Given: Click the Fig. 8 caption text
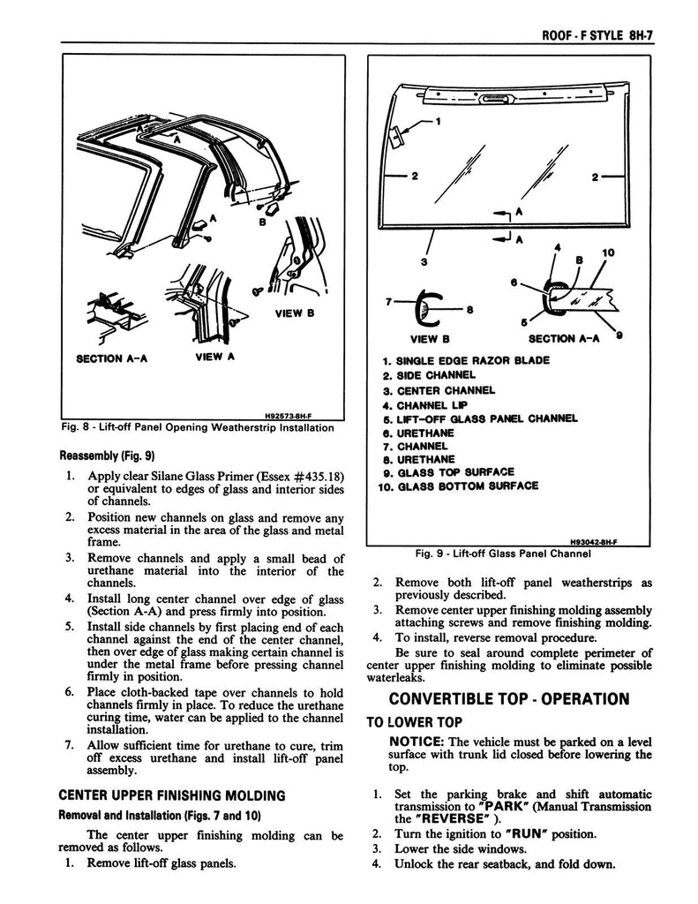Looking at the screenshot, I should (199, 428).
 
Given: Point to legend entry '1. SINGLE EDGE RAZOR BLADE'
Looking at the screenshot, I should (466, 360).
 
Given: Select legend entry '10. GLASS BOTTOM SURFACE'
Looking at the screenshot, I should (457, 486).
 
